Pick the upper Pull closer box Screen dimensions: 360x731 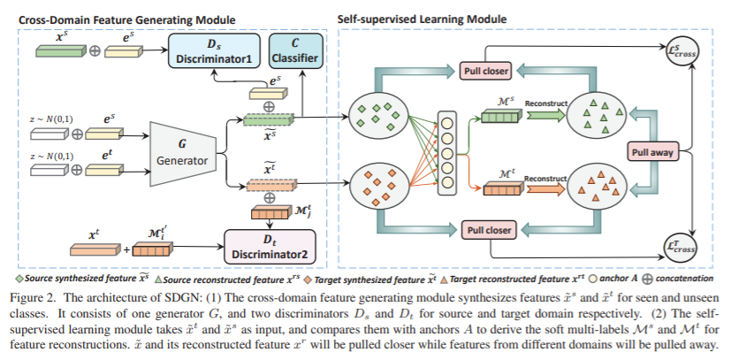pos(486,69)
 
